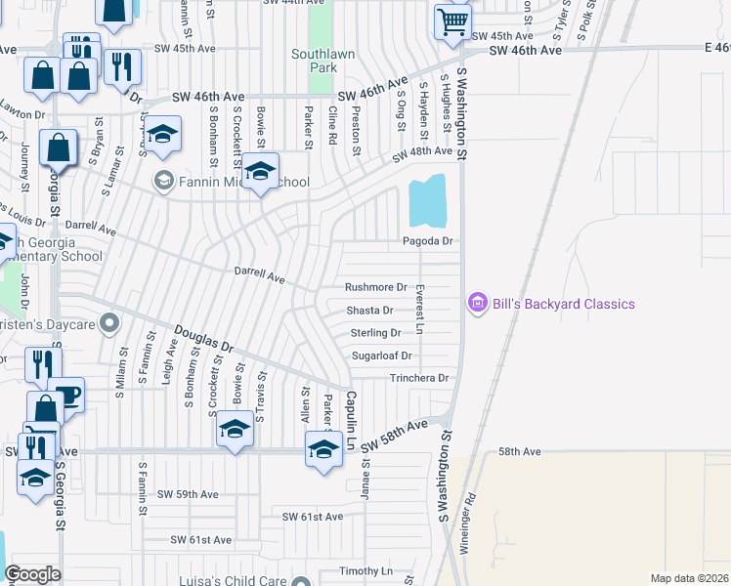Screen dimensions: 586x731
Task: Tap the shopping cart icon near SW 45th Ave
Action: tap(452, 21)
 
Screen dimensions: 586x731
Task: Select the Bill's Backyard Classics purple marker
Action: tap(477, 304)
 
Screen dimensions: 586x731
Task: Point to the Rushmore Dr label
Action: tap(375, 287)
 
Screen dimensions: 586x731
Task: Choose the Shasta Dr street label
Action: tap(370, 311)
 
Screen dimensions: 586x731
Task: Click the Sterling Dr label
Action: tap(375, 333)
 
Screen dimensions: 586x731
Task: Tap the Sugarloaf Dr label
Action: tap(382, 356)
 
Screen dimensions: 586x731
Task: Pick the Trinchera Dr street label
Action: tap(418, 378)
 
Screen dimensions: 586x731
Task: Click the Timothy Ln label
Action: tap(365, 570)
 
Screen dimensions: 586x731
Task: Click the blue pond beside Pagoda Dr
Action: tap(428, 200)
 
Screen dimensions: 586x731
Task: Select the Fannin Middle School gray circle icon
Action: tap(162, 182)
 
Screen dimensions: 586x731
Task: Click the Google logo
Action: tap(32, 574)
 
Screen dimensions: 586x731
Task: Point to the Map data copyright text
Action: tap(688, 578)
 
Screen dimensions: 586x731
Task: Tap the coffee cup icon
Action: tap(67, 395)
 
